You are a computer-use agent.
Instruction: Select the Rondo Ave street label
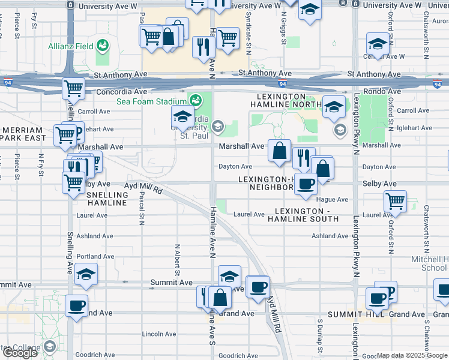[x=385, y=92]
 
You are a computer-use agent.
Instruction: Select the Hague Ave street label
[x=334, y=199]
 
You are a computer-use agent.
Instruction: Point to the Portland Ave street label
[x=95, y=256]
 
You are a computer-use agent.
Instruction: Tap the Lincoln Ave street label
[x=159, y=334]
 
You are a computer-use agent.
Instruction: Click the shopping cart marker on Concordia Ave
[x=73, y=88]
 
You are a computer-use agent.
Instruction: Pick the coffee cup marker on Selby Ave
[x=306, y=184]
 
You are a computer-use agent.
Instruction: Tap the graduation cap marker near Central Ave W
[x=378, y=44]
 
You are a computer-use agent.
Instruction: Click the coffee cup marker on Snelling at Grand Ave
[x=77, y=305]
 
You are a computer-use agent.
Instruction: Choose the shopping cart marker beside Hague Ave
[x=395, y=202]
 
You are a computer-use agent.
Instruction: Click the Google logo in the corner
[x=20, y=353]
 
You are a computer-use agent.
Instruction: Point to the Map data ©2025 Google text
[x=412, y=355]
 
